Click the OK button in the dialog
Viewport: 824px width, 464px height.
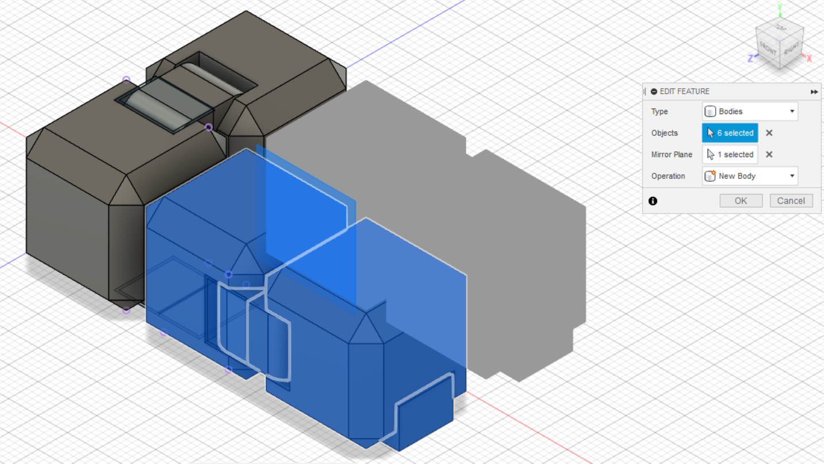pos(741,201)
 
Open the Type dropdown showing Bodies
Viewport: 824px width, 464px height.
pos(750,111)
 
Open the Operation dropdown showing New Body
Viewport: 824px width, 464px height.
pos(750,176)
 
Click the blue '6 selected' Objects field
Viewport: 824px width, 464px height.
pos(730,133)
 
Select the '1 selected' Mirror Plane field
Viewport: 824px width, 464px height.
pos(730,154)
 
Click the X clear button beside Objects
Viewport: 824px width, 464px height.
pos(769,133)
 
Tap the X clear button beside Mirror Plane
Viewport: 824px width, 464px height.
pos(769,154)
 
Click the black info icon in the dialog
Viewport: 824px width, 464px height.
pos(653,201)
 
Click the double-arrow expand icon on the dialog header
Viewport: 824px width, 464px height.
pos(814,92)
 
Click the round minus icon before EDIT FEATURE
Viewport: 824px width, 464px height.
pos(654,92)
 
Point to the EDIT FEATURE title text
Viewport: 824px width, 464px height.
pos(685,92)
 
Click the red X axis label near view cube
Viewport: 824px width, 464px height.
pos(809,59)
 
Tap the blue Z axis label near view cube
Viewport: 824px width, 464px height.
pos(750,58)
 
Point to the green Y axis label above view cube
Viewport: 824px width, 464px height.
pos(780,7)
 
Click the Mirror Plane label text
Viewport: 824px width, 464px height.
pos(671,154)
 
